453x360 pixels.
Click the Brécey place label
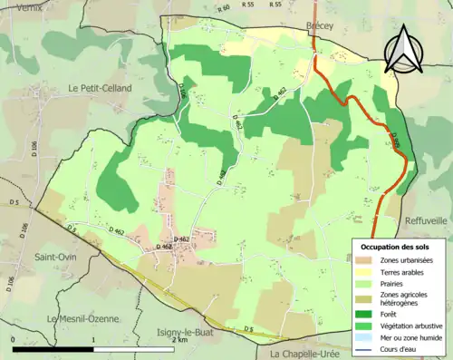pos(320,26)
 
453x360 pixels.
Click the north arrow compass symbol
pos(401,50)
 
